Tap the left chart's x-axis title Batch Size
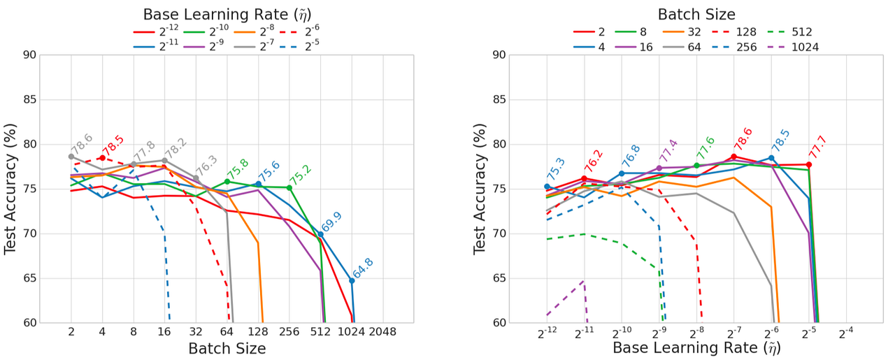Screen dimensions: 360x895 (227, 347)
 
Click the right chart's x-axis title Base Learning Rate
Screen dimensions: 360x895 (696, 347)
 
